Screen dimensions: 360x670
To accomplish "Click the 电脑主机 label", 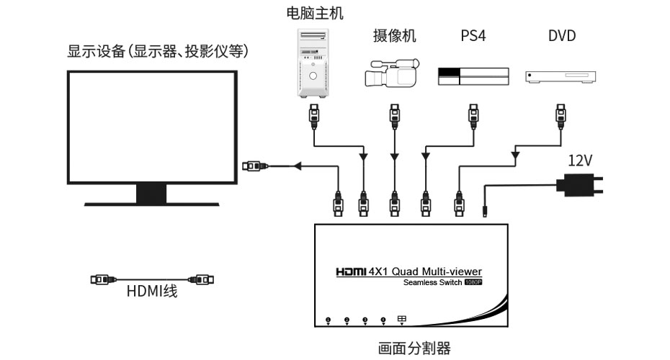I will point(315,13).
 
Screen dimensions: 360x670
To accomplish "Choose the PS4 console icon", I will point(473,76).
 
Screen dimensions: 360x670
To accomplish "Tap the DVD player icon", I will point(562,77).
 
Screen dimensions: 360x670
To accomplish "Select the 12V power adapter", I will point(582,184).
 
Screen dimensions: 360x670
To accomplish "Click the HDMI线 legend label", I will point(152,292).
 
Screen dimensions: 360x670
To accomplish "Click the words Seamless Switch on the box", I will point(432,283).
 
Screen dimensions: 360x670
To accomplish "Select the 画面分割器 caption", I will point(414,348).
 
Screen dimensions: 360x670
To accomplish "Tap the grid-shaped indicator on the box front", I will point(401,319).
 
